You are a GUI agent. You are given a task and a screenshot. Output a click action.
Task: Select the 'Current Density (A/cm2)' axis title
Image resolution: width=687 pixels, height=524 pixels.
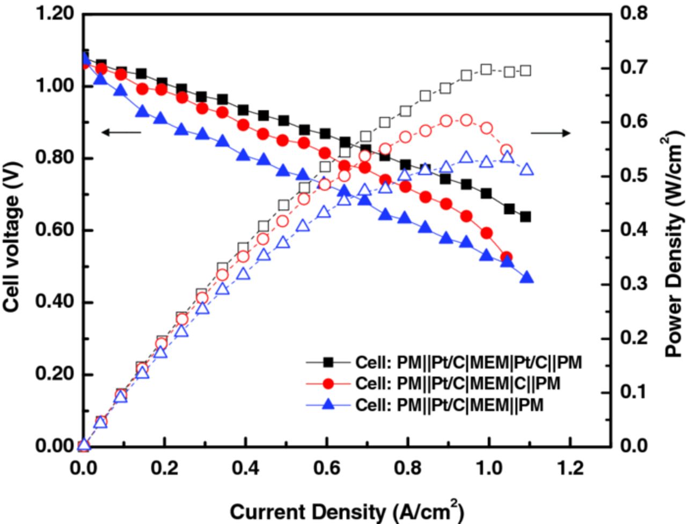(347, 511)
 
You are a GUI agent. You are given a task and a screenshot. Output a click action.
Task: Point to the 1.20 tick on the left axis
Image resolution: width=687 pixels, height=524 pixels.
(54, 14)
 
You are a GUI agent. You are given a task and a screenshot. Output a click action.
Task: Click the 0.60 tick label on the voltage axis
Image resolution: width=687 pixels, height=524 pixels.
(54, 231)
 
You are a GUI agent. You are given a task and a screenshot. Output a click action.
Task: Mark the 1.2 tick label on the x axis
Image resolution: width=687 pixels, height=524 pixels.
(571, 469)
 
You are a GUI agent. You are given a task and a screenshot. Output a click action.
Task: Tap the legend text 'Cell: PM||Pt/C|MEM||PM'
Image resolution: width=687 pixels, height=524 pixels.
(449, 404)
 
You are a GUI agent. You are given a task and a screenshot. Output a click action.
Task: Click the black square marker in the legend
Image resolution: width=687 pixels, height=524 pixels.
(328, 363)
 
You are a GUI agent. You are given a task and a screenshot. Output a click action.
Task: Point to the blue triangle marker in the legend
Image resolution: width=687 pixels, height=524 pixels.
(328, 405)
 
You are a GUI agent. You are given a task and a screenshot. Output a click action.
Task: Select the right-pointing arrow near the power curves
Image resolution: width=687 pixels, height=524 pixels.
(551, 133)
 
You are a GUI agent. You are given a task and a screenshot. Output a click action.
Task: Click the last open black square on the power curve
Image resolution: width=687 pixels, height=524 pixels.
(526, 70)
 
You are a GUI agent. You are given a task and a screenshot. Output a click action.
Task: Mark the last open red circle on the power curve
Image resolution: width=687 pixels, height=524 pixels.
(506, 150)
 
